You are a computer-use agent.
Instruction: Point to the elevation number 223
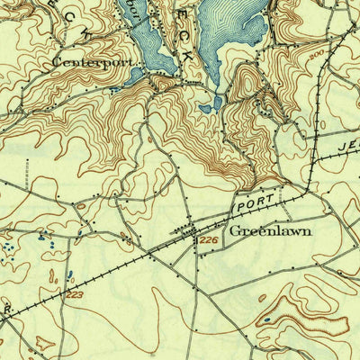click(x=73, y=294)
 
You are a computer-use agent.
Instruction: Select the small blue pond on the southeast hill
click(x=266, y=319)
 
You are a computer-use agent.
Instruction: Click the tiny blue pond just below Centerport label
click(x=113, y=90)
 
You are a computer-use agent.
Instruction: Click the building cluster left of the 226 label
click(x=190, y=233)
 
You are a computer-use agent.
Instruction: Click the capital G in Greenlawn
click(x=234, y=230)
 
